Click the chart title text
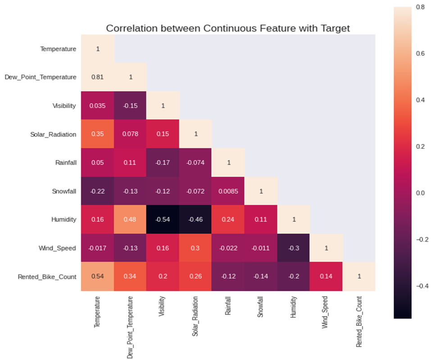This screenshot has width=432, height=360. pos(228,28)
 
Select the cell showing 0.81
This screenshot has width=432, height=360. pos(98,77)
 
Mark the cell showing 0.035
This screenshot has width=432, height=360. pos(98,105)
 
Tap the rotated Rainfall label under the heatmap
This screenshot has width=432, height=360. pos(227,306)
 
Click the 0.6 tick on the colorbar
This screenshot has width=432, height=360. pos(420,53)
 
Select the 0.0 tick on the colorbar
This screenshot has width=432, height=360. pos(420,193)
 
